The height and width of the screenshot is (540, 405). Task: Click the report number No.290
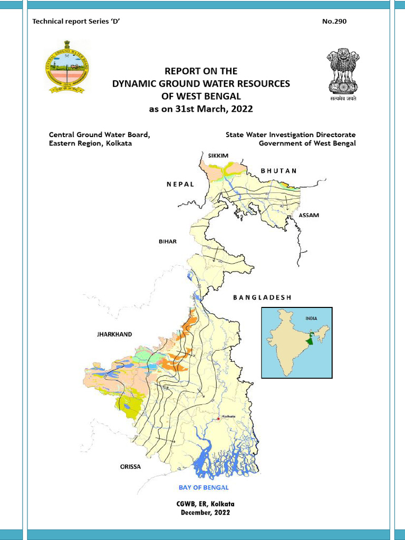(334, 22)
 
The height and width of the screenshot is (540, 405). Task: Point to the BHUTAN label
(279, 171)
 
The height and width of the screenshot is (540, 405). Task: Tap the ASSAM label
(309, 216)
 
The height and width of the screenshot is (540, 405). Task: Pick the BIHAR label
(168, 241)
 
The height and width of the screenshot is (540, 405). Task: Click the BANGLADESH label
(262, 297)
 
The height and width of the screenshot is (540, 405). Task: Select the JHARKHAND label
(114, 334)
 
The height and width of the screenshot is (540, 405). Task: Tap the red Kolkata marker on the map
(218, 419)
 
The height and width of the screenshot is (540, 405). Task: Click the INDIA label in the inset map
(312, 319)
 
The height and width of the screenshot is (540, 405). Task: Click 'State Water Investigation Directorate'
(291, 135)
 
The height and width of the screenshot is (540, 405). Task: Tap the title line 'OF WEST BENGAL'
(201, 96)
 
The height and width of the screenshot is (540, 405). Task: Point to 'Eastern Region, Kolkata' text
(90, 143)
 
